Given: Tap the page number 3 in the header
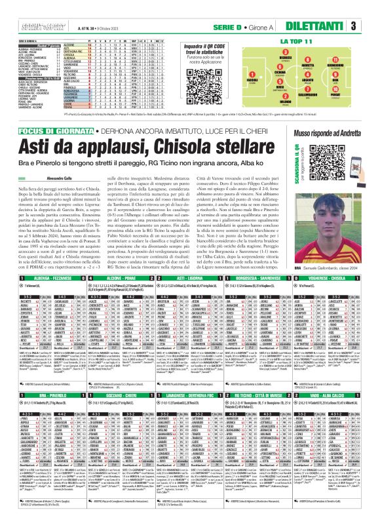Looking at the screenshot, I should (371, 26).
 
